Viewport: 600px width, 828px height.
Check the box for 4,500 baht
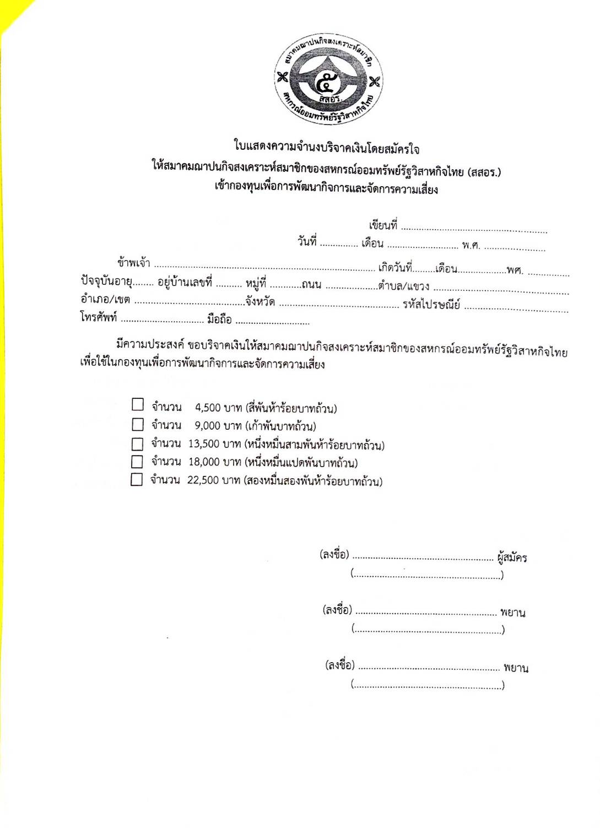point(138,405)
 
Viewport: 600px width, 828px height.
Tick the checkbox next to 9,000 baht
point(138,424)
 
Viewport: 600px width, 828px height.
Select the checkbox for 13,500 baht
point(137,443)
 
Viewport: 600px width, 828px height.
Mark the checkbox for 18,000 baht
point(137,461)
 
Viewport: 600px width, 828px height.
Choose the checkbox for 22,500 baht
point(137,479)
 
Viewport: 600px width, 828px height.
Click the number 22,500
point(203,480)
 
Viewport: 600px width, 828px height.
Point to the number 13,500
point(203,444)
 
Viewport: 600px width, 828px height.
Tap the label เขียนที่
point(383,225)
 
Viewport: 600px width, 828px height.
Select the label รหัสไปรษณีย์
point(431,304)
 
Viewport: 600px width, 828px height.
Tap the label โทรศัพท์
point(99,318)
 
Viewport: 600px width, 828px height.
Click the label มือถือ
point(219,320)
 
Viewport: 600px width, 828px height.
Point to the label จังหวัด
point(261,302)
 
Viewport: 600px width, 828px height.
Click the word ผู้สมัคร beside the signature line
point(511,558)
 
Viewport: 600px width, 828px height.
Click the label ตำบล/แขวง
point(404,286)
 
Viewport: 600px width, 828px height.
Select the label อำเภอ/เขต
point(105,300)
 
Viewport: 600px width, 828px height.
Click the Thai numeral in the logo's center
point(329,83)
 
